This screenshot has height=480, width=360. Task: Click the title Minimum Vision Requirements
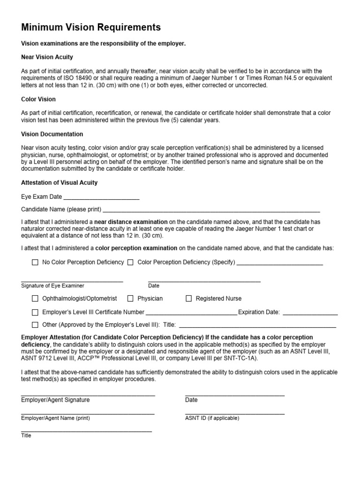tap(91, 28)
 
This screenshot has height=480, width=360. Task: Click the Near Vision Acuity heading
tap(47, 57)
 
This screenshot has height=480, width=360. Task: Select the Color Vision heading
tap(38, 99)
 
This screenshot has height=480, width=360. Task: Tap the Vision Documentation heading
tap(52, 134)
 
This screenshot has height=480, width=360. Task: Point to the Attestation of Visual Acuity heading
tap(60, 182)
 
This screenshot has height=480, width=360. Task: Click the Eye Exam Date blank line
tap(101, 197)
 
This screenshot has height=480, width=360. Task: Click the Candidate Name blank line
tap(211, 210)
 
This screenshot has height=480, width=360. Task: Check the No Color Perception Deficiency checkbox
tap(35, 262)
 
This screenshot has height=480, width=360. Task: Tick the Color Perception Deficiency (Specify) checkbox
tap(130, 262)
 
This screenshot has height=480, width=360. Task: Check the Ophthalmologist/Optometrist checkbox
tap(35, 299)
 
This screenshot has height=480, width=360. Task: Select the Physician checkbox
tap(130, 299)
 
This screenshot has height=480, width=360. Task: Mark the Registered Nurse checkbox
tap(189, 299)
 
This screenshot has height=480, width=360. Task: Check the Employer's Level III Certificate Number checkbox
tap(35, 312)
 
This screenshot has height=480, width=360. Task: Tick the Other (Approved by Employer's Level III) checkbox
tap(35, 325)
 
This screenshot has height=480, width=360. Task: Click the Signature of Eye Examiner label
tap(52, 285)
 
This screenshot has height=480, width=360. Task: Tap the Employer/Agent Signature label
tap(55, 400)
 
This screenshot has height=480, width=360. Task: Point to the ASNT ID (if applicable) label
tap(212, 418)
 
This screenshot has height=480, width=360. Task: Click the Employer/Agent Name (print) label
tap(55, 418)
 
